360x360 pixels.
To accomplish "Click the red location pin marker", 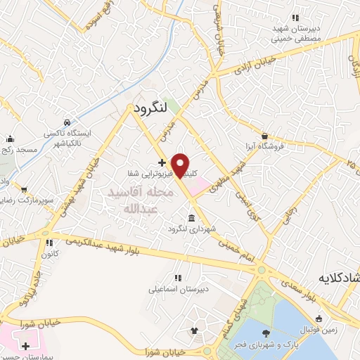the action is tap(180, 165).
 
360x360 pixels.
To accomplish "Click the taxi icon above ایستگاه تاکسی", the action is tap(66, 121).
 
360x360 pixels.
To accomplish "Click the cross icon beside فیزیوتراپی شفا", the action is tap(162, 162).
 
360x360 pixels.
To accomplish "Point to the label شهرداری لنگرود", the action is tap(189, 229).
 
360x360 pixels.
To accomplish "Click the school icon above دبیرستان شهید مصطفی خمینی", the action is tap(295, 18).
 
